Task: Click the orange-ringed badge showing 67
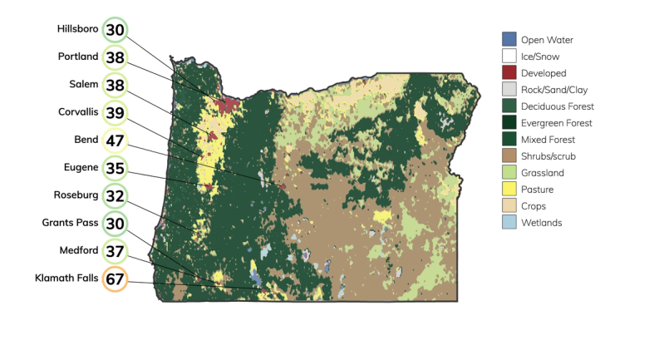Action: coord(115,280)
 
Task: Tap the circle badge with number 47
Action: coord(115,141)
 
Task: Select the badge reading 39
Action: coord(115,113)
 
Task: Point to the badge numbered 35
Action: coord(115,169)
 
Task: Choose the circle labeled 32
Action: coord(115,197)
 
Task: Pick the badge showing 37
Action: coord(115,251)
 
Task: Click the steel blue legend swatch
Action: coord(509,38)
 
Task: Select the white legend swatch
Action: coord(509,56)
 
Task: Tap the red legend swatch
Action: coord(509,72)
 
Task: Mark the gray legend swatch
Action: coord(509,89)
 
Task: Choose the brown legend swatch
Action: coord(509,155)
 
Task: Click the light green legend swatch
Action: coord(509,172)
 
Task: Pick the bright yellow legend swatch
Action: coord(509,189)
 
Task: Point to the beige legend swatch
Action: coord(509,205)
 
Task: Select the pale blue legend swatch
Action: coord(509,222)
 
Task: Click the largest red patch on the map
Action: coord(226,106)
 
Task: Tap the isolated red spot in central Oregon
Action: coord(283,187)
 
